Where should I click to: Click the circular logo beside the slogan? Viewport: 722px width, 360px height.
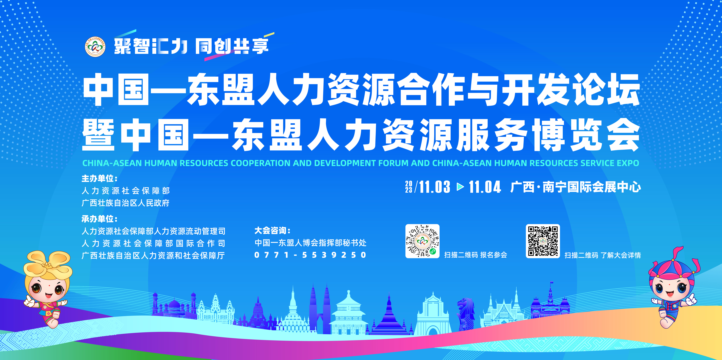coord(95,47)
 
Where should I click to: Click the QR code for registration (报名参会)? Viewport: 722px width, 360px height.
coord(422,241)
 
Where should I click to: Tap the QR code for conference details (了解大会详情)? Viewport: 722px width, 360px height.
coord(543,241)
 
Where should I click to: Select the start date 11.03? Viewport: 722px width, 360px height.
coord(435,187)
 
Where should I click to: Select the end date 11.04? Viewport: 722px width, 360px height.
coord(485,187)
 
